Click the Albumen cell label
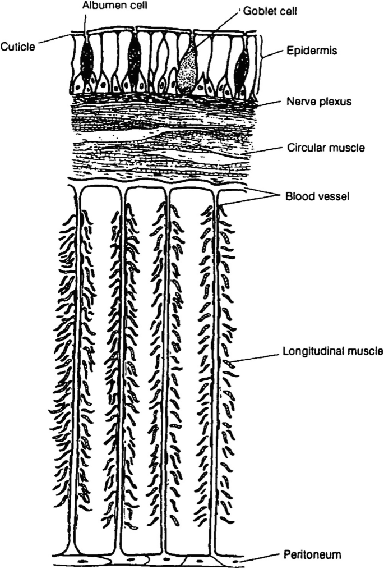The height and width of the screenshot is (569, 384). click(x=107, y=6)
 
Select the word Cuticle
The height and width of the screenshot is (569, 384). click(x=18, y=47)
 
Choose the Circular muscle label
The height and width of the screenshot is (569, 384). click(x=318, y=148)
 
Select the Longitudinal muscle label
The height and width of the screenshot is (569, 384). click(x=332, y=352)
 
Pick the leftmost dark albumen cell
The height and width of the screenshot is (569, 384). click(x=87, y=62)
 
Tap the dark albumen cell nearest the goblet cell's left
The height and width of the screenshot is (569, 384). click(x=134, y=59)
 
